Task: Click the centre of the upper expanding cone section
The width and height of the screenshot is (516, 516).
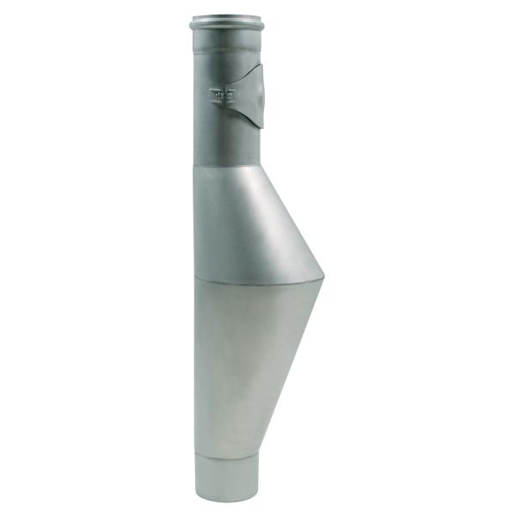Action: pyautogui.click(x=245, y=224)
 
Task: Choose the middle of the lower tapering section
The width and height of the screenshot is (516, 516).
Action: pyautogui.click(x=245, y=361)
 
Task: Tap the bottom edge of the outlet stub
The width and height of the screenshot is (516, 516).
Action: pyautogui.click(x=226, y=501)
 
